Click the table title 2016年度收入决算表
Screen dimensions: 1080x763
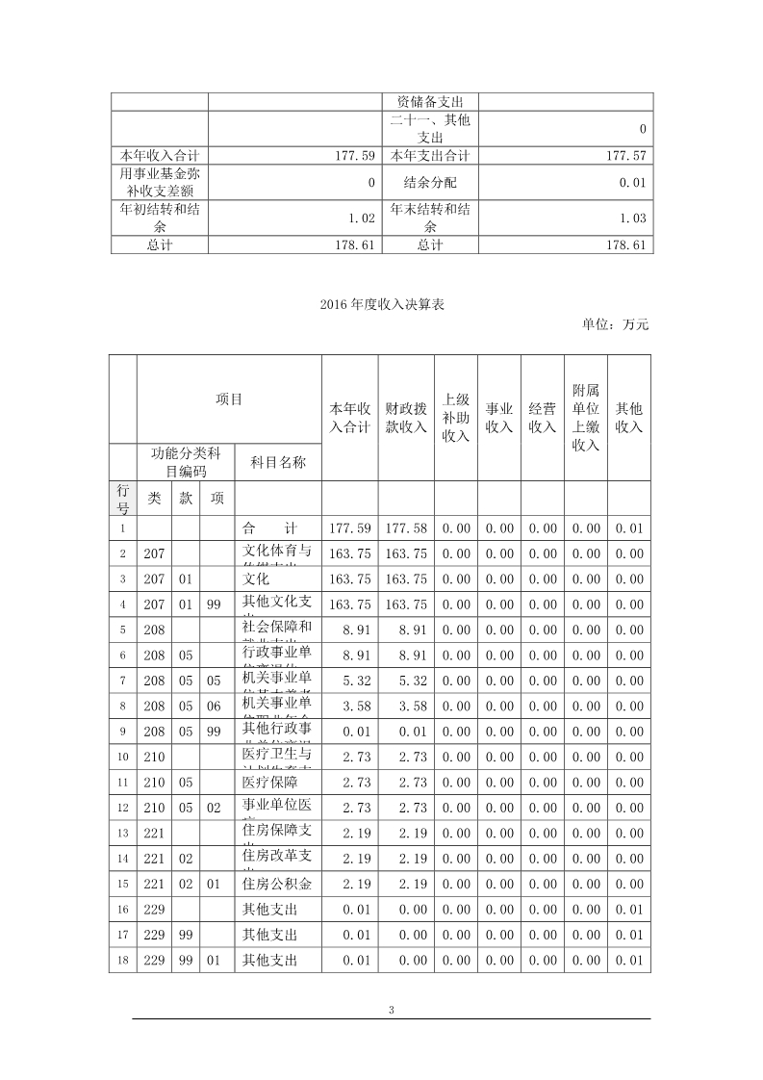click(381, 304)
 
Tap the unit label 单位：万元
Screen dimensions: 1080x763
click(615, 324)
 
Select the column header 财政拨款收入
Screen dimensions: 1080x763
click(406, 417)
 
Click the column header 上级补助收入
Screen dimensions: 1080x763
click(455, 417)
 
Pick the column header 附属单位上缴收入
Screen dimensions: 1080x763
click(585, 417)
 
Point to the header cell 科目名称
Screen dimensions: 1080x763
click(278, 462)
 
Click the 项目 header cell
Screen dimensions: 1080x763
click(229, 399)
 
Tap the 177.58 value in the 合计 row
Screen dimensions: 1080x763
click(406, 528)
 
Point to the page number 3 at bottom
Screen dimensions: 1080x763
click(391, 1010)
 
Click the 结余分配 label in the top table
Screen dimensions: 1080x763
click(430, 181)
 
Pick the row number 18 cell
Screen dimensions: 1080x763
click(123, 960)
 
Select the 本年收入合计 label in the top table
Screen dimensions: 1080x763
click(160, 155)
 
